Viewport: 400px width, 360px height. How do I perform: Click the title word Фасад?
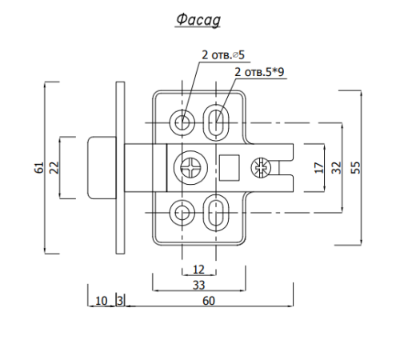(x=198, y=20)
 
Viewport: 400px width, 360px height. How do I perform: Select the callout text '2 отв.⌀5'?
(x=223, y=55)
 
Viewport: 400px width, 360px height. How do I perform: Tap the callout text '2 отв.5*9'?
(x=259, y=72)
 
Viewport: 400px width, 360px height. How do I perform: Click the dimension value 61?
(x=39, y=167)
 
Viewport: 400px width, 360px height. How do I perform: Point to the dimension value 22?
(x=54, y=167)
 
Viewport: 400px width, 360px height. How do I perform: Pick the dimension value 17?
(x=319, y=168)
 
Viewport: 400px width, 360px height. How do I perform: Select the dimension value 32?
(x=337, y=167)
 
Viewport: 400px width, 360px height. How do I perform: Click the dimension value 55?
(x=355, y=167)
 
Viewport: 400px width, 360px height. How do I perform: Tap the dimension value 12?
(x=198, y=270)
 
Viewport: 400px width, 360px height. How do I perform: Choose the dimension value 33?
(x=198, y=285)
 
